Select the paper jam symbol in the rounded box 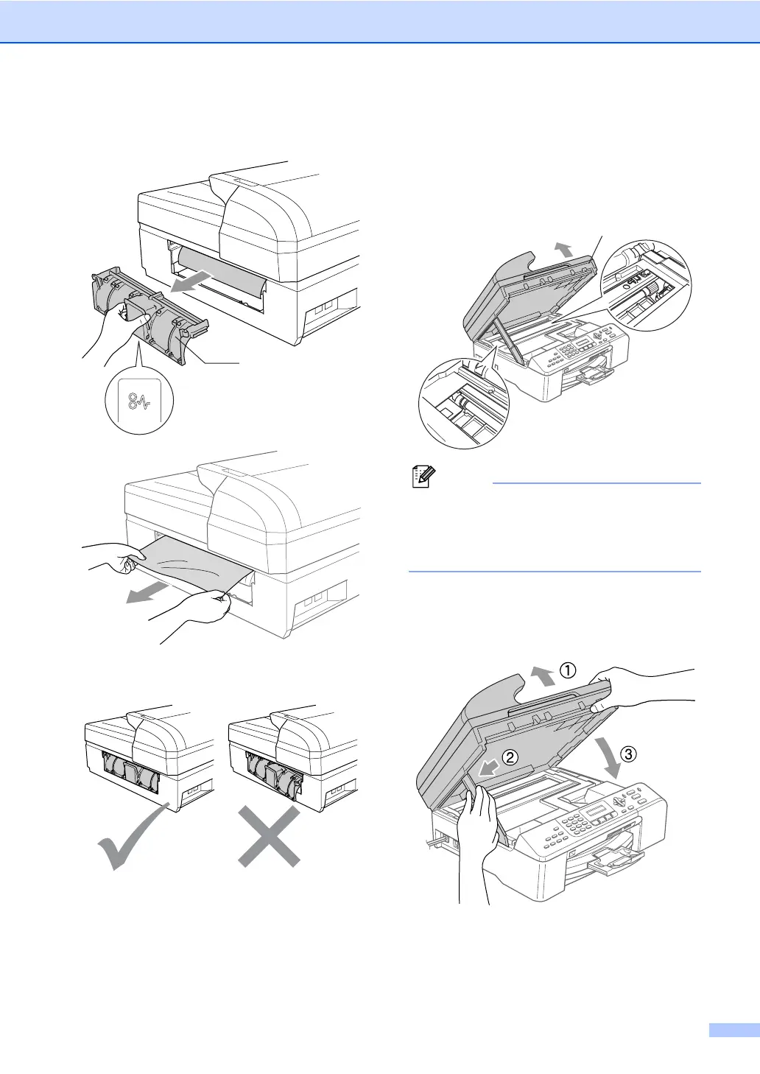click(139, 402)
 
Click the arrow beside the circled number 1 click(543, 674)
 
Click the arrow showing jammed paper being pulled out click(144, 591)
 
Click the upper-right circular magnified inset click(646, 286)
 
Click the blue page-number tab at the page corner click(733, 1030)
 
